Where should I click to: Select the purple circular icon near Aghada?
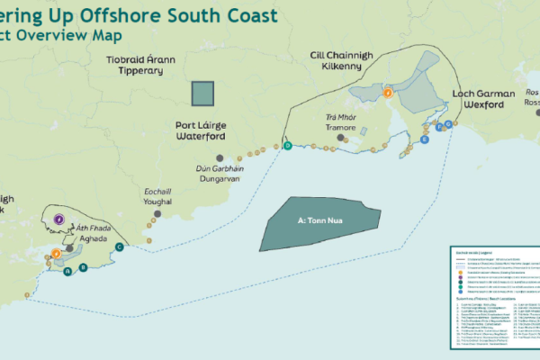click(x=58, y=218)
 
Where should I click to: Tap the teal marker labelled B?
click(x=84, y=267)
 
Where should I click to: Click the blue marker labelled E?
click(x=425, y=141)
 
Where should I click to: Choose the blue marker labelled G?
click(x=448, y=123)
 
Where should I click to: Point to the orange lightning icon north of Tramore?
click(x=388, y=92)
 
